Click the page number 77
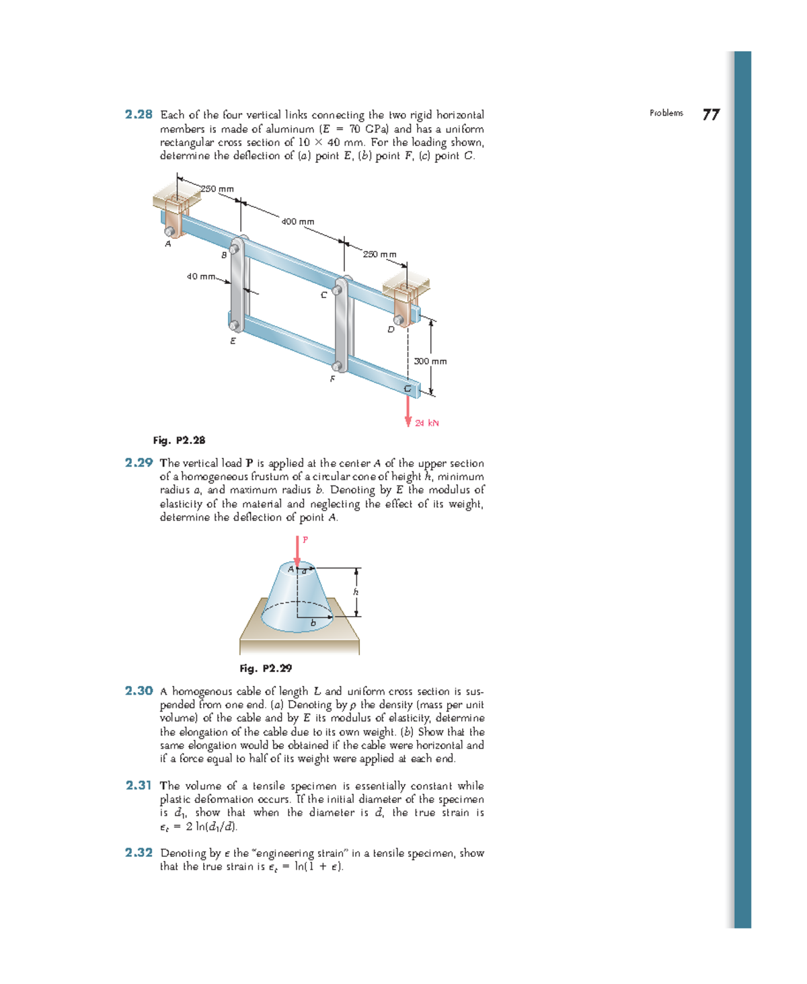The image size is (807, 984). [711, 115]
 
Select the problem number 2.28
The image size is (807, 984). [139, 114]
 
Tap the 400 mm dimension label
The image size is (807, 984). [297, 221]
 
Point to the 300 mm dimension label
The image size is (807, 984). [430, 361]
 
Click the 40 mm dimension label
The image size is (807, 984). [200, 276]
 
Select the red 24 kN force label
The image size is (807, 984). [427, 423]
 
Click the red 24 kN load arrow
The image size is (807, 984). [408, 411]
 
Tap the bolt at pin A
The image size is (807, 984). [171, 231]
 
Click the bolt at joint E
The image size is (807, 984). [234, 326]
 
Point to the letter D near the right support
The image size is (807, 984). [391, 330]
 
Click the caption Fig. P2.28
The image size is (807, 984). [179, 441]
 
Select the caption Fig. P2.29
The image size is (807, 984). [266, 669]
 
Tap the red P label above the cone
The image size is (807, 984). [305, 539]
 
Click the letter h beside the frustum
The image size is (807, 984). [356, 592]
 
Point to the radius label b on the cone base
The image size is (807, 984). [313, 623]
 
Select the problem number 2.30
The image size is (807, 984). [139, 691]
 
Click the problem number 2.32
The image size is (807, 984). [139, 852]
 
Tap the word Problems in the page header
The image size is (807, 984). [666, 113]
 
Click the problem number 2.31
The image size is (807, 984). [139, 785]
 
